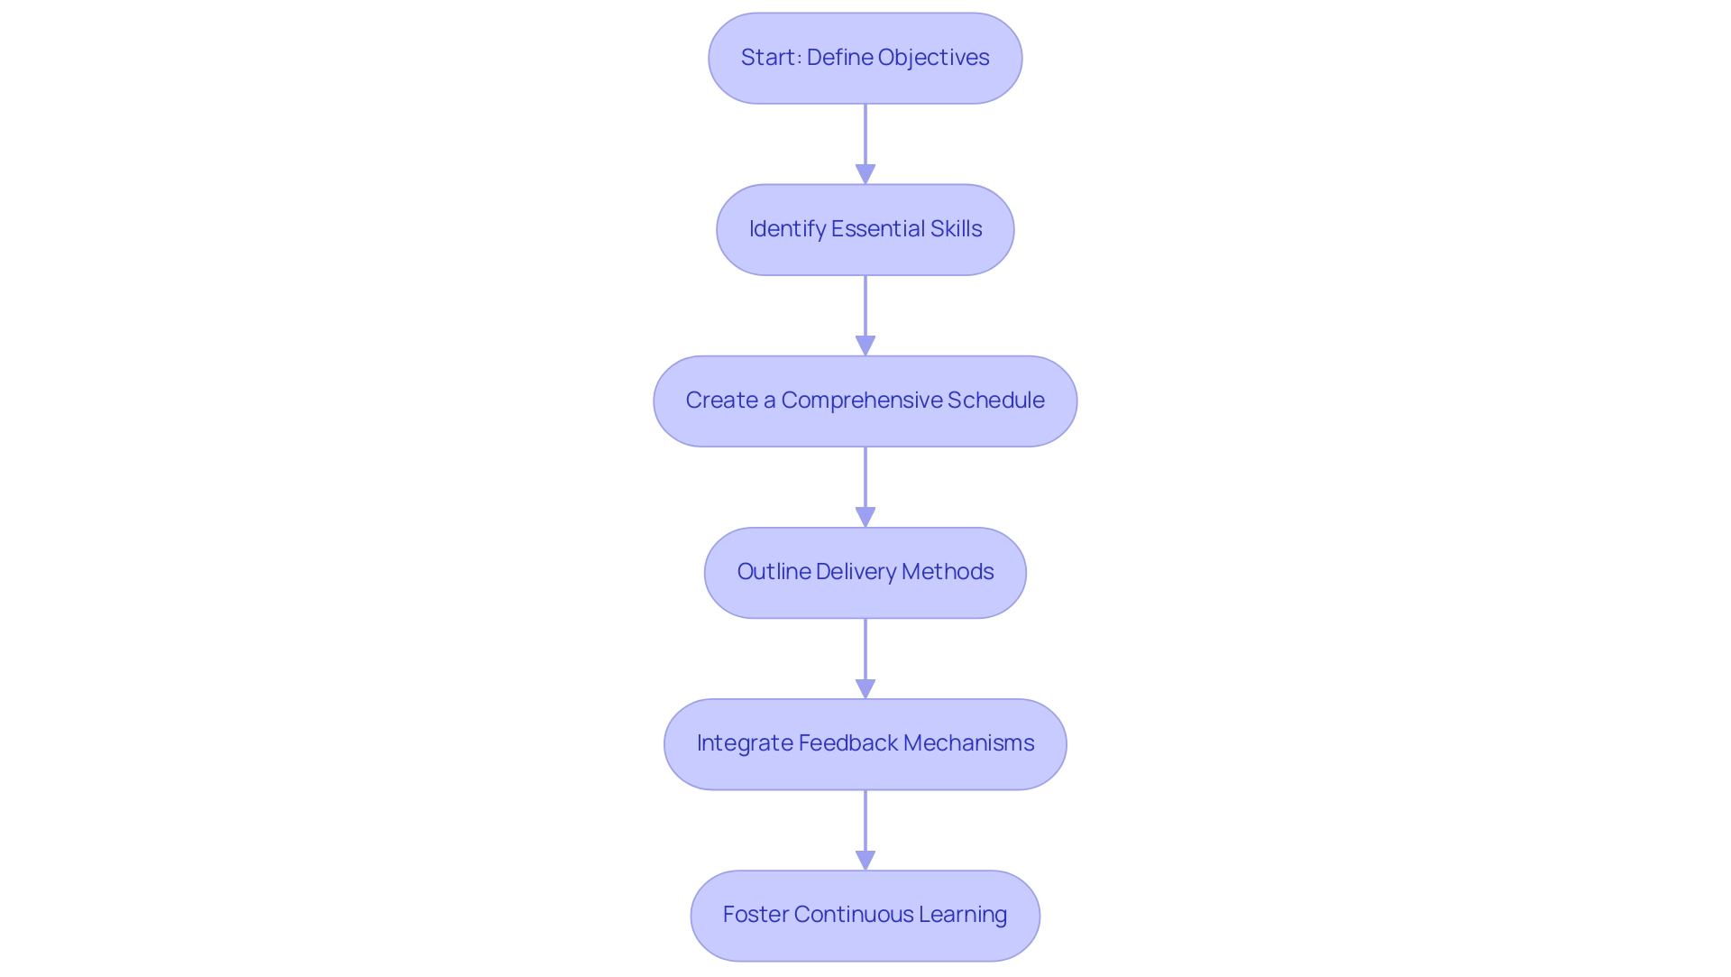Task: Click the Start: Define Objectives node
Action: point(865,58)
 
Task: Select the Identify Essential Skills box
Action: point(865,229)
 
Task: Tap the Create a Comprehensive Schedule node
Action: point(865,401)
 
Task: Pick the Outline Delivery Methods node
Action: point(865,572)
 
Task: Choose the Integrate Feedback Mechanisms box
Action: point(865,743)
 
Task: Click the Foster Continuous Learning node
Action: point(865,915)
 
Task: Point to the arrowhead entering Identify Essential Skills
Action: point(865,174)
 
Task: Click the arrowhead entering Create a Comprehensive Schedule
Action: point(865,346)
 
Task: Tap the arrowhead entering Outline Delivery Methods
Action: point(865,517)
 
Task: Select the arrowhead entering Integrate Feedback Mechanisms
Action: point(865,688)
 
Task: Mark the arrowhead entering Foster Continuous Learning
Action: point(865,860)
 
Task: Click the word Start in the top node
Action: point(768,58)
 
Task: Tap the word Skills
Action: point(956,229)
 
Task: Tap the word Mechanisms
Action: point(968,743)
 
